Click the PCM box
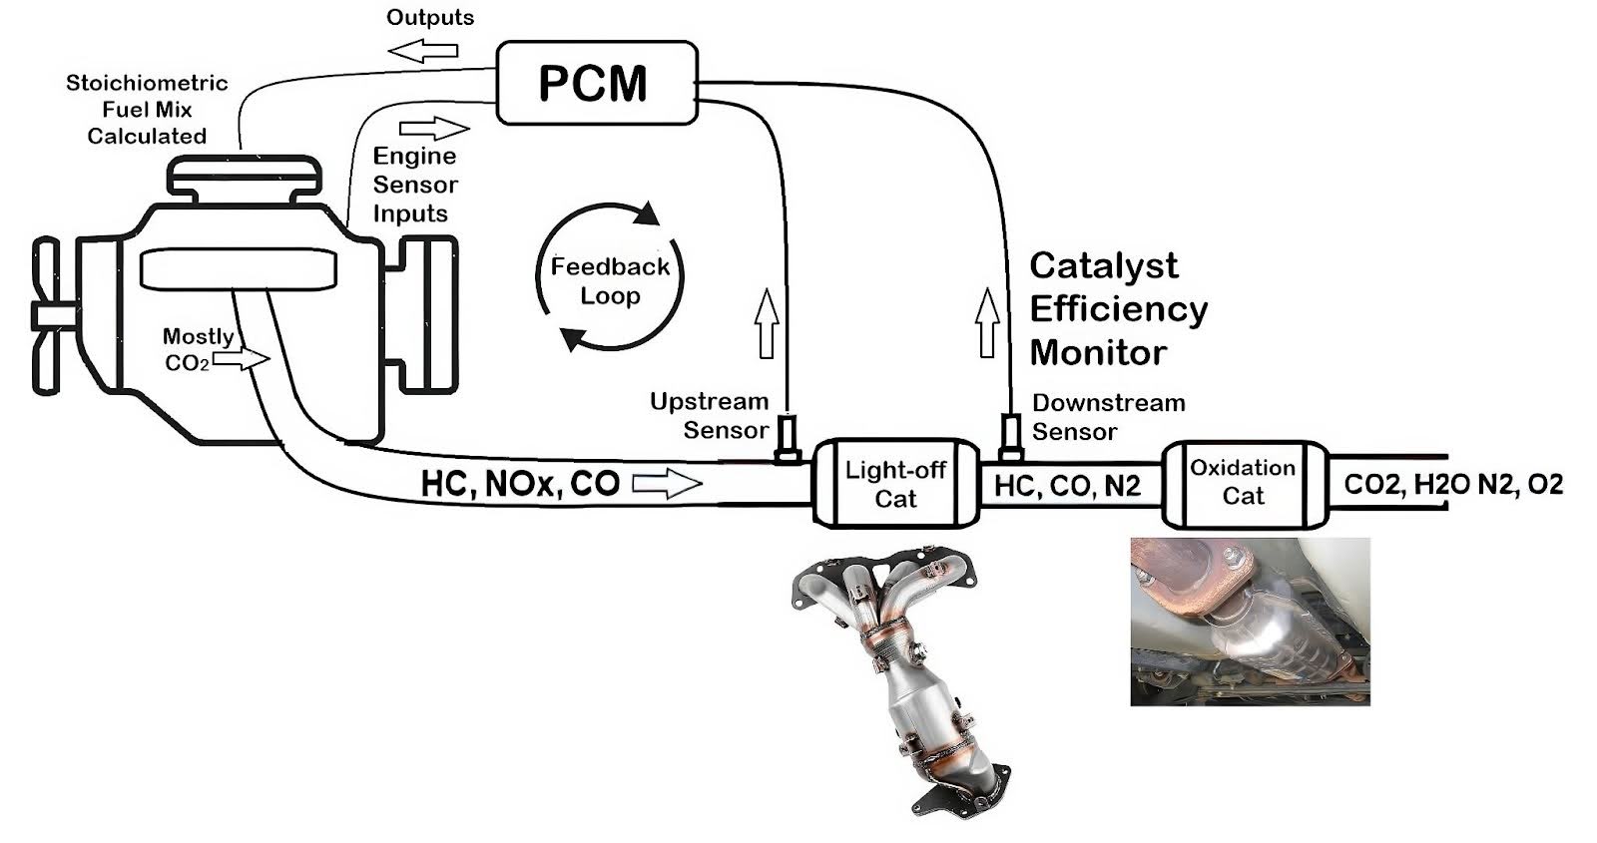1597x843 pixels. [x=596, y=83]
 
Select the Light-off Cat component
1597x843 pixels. [x=895, y=484]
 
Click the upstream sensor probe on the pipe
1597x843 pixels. [x=788, y=438]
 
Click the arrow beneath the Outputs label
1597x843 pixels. [x=422, y=49]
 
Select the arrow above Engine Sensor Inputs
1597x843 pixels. [x=434, y=129]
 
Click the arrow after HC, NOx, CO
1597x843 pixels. [x=668, y=485]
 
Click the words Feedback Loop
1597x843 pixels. [x=610, y=281]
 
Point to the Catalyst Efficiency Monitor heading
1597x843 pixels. [x=1117, y=308]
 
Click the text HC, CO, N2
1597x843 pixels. [x=1067, y=486]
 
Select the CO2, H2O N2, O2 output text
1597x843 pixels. [x=1452, y=485]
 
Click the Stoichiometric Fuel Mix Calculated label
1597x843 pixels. [x=147, y=110]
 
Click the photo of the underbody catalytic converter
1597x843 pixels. [x=1249, y=622]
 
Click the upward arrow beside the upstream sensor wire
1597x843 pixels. [x=767, y=322]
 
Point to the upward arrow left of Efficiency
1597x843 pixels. [x=987, y=322]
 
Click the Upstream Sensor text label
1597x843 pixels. [x=710, y=416]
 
